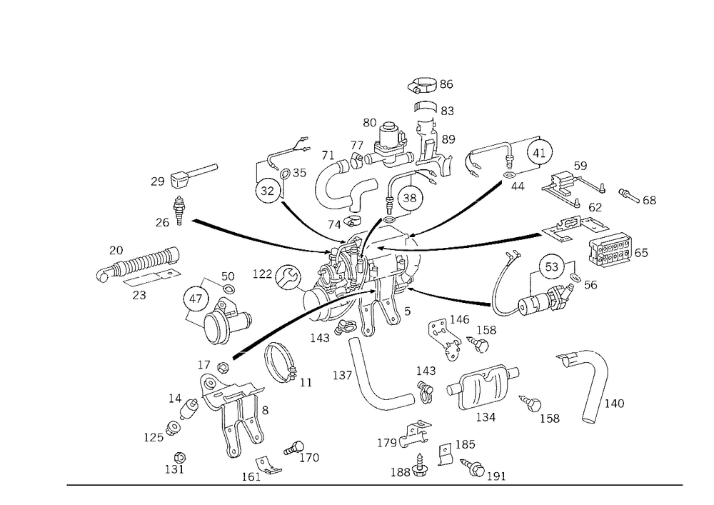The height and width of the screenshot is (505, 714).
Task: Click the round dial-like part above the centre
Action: coord(407,193)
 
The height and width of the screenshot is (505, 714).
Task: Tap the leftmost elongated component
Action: coord(139,264)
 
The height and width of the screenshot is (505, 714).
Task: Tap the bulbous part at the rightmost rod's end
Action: coord(614,246)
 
